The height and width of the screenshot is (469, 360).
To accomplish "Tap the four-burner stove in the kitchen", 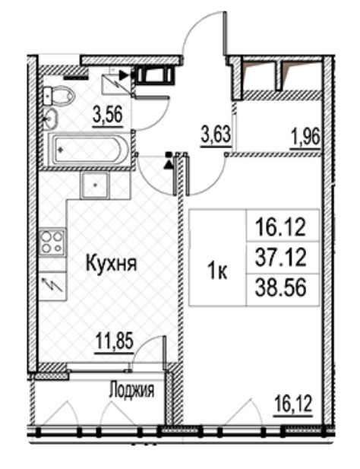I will click(51, 242).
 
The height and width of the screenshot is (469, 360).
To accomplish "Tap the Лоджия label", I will click(131, 391).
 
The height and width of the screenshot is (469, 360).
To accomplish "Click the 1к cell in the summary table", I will click(218, 268).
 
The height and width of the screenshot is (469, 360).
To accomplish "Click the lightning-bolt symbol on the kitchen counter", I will click(52, 287).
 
